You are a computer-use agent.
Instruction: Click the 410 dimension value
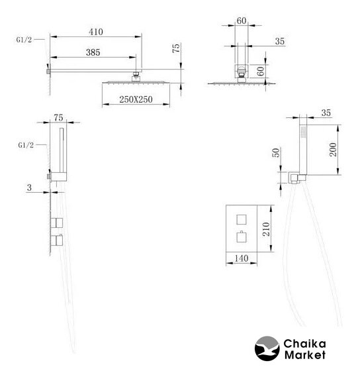[96, 32]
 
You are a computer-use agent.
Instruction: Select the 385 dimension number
[93, 52]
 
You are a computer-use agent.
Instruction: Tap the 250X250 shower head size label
[136, 99]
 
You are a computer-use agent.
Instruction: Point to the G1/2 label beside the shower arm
[24, 40]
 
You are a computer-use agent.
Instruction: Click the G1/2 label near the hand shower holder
[26, 145]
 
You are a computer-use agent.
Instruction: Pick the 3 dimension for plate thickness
[29, 187]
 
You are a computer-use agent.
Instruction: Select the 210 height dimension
[267, 229]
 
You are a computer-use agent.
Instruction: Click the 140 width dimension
[242, 258]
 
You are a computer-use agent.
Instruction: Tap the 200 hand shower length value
[333, 149]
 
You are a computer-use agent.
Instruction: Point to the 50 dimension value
[275, 152]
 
